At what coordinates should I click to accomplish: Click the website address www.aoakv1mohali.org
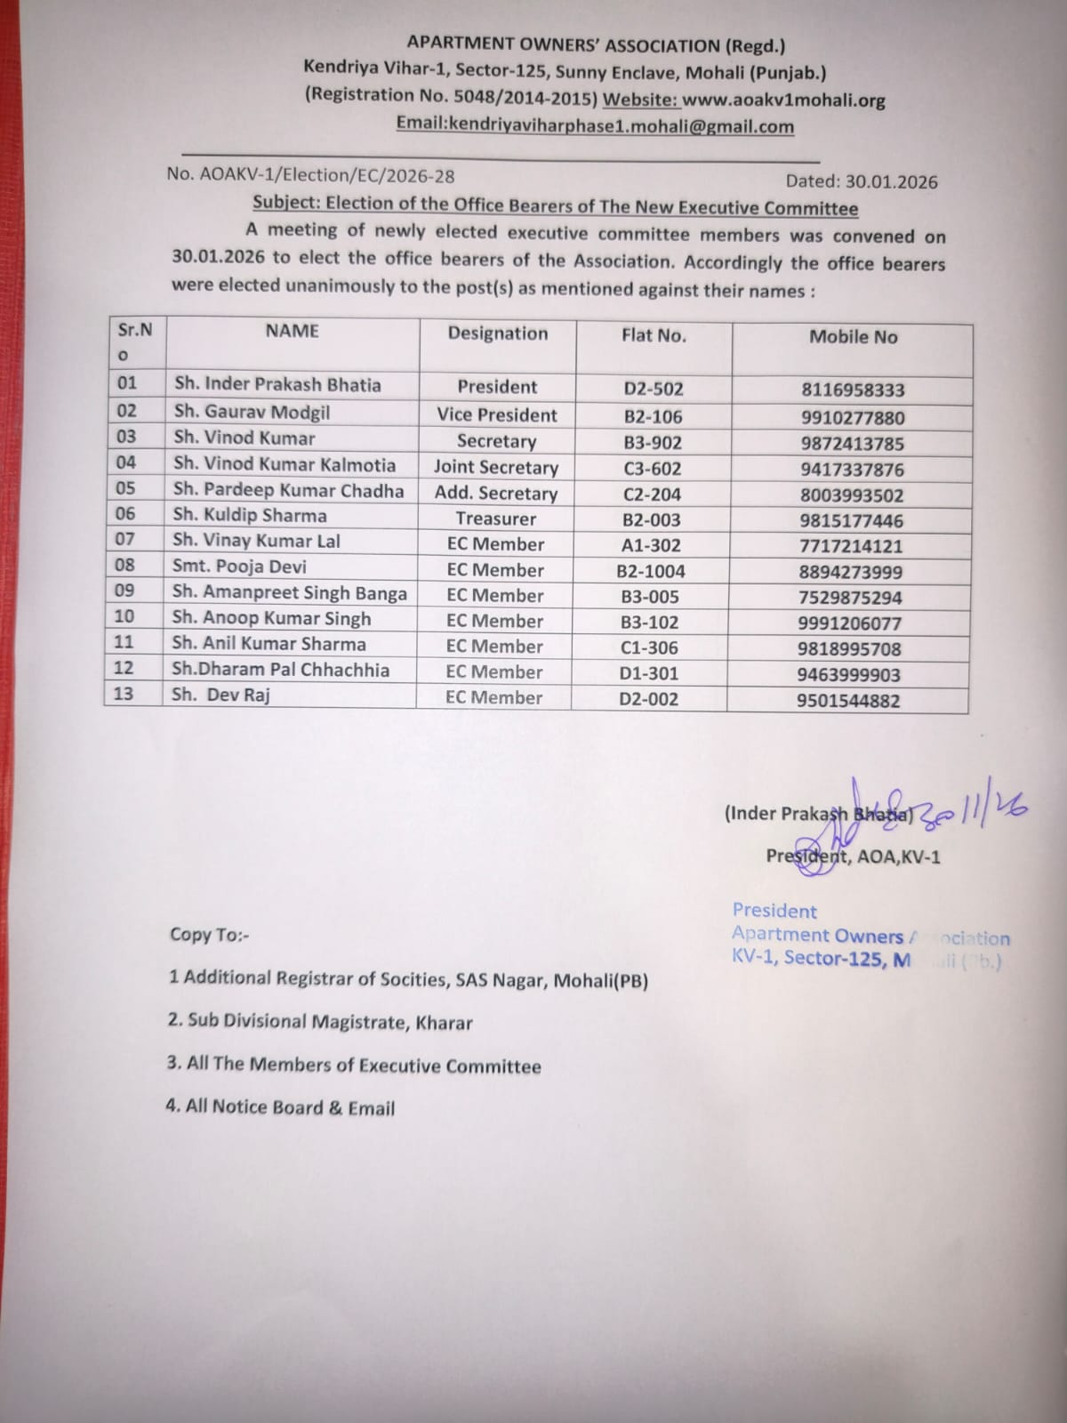[x=783, y=100]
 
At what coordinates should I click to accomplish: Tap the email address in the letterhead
[x=595, y=126]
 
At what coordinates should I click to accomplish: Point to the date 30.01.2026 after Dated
[x=891, y=181]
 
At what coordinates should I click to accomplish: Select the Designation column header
[x=498, y=334]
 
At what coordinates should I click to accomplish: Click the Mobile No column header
[x=853, y=337]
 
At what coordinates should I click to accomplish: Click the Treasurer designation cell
[x=496, y=519]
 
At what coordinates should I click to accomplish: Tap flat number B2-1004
[x=651, y=572]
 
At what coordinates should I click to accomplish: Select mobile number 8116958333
[x=853, y=390]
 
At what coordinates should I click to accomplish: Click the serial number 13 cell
[x=124, y=693]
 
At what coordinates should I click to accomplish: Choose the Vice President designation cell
[x=497, y=414]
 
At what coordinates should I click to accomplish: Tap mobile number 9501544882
[x=848, y=701]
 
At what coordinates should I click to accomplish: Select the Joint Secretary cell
[x=496, y=467]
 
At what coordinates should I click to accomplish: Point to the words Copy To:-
[x=209, y=935]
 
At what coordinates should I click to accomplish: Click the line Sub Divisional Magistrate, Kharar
[x=320, y=1021]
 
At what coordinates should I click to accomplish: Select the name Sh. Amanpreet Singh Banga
[x=290, y=593]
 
